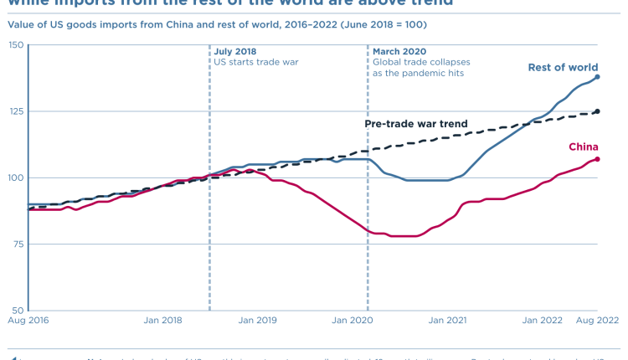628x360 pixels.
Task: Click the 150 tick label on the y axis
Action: pyautogui.click(x=14, y=44)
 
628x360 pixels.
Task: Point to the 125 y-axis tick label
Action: pyautogui.click(x=14, y=111)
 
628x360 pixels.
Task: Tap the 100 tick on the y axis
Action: pyautogui.click(x=14, y=177)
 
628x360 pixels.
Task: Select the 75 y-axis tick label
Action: pyautogui.click(x=17, y=244)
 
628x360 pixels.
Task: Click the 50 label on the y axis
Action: pyautogui.click(x=17, y=311)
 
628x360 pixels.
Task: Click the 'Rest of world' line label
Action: pyautogui.click(x=563, y=67)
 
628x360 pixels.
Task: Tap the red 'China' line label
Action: pyautogui.click(x=584, y=147)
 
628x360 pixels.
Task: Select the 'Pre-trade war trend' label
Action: pyautogui.click(x=415, y=124)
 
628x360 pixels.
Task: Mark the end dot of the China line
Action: pyautogui.click(x=597, y=159)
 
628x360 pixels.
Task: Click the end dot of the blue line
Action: pyautogui.click(x=597, y=77)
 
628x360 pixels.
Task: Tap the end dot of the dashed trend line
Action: pyautogui.click(x=597, y=111)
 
